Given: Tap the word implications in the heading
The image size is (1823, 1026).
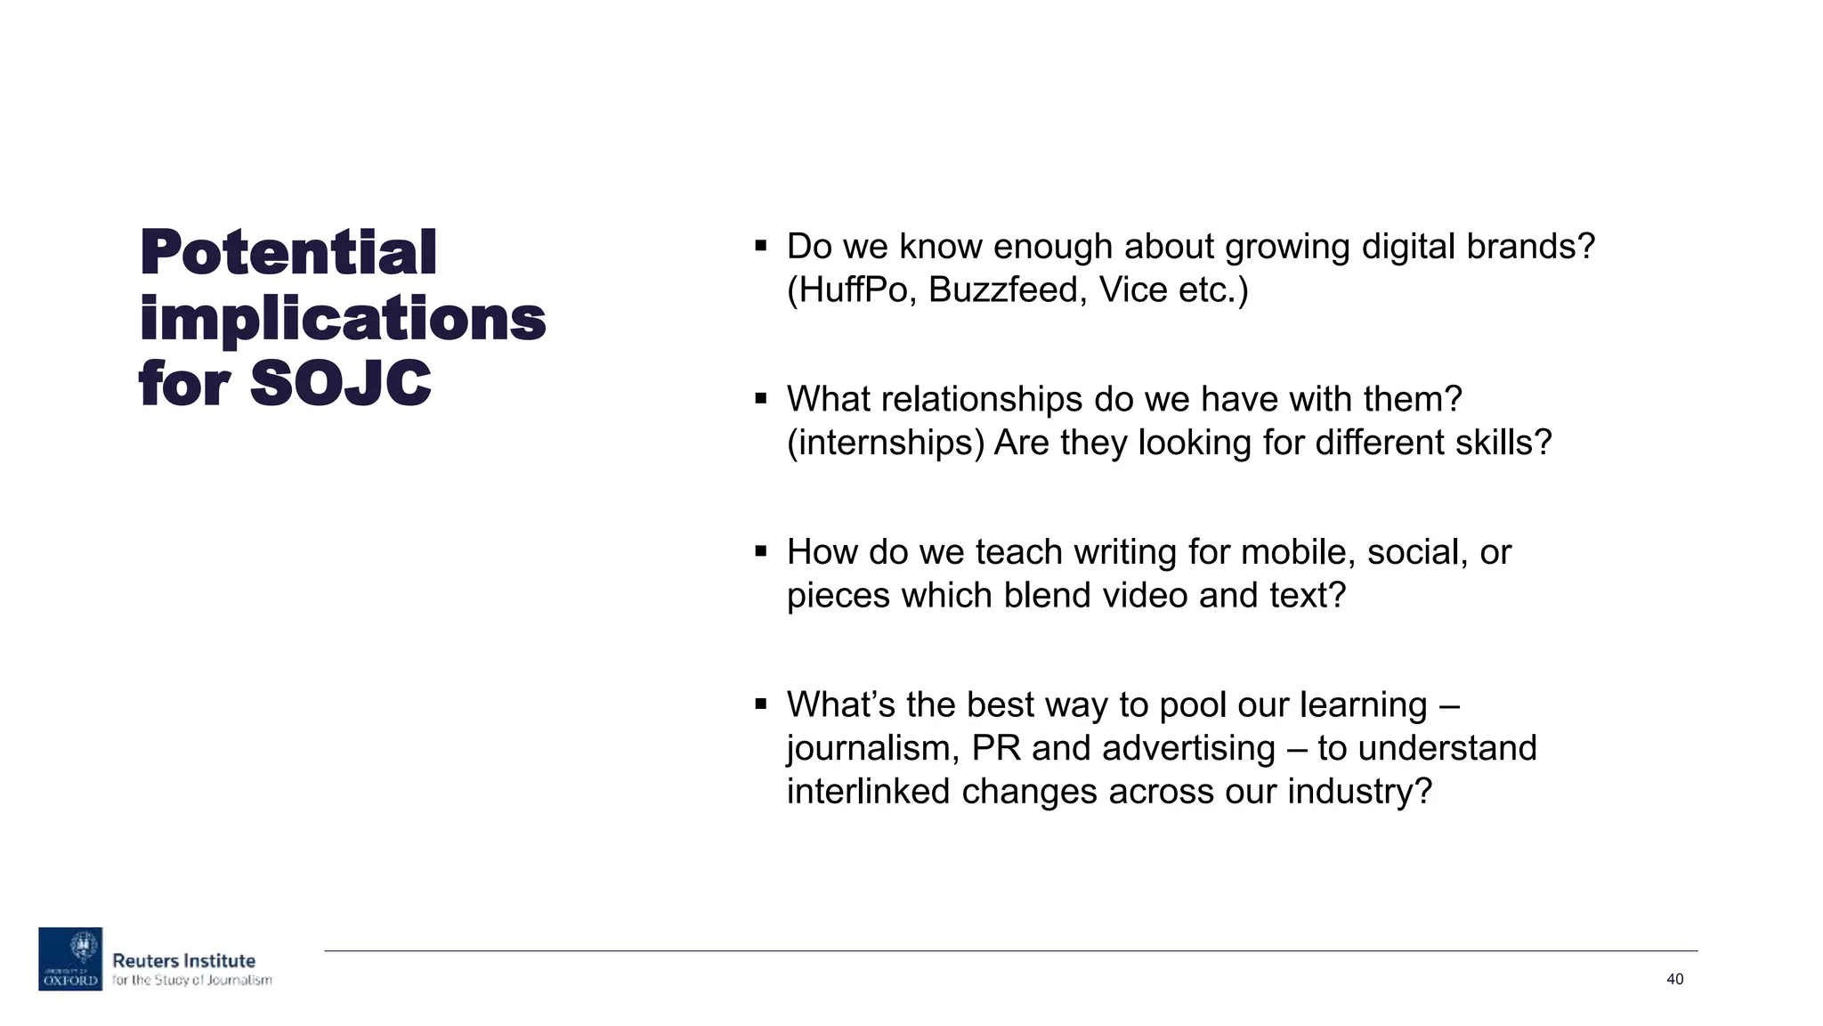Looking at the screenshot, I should click(x=343, y=318).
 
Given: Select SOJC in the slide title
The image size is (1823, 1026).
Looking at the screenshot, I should click(x=340, y=384).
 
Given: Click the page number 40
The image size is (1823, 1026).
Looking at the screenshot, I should click(x=1674, y=979).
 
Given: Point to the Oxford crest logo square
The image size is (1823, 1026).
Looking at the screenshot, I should click(x=70, y=958).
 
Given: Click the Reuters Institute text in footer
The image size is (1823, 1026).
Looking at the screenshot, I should click(x=183, y=961).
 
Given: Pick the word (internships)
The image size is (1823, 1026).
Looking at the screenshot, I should click(x=885, y=443).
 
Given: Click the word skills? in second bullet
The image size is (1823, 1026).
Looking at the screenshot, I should click(x=1503, y=443).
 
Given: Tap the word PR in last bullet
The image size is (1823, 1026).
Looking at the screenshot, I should click(x=996, y=748).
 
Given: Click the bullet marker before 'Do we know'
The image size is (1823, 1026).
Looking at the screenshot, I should click(x=760, y=246).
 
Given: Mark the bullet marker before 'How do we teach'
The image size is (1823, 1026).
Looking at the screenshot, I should click(x=760, y=551).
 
